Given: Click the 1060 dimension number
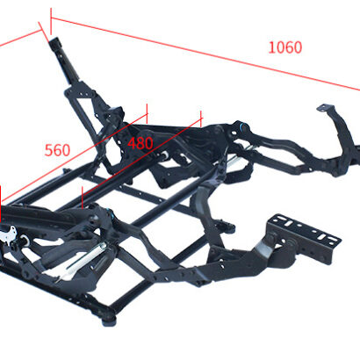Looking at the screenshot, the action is pyautogui.click(x=285, y=47).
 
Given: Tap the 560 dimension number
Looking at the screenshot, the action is pyautogui.click(x=57, y=150).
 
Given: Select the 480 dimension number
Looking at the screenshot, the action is pyautogui.click(x=140, y=143).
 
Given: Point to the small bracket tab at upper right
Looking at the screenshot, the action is pyautogui.click(x=325, y=108).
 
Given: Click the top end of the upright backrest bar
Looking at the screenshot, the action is pyautogui.click(x=54, y=40).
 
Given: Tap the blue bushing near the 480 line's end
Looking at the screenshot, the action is pyautogui.click(x=242, y=126).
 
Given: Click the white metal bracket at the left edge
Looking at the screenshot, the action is pyautogui.click(x=8, y=234).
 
